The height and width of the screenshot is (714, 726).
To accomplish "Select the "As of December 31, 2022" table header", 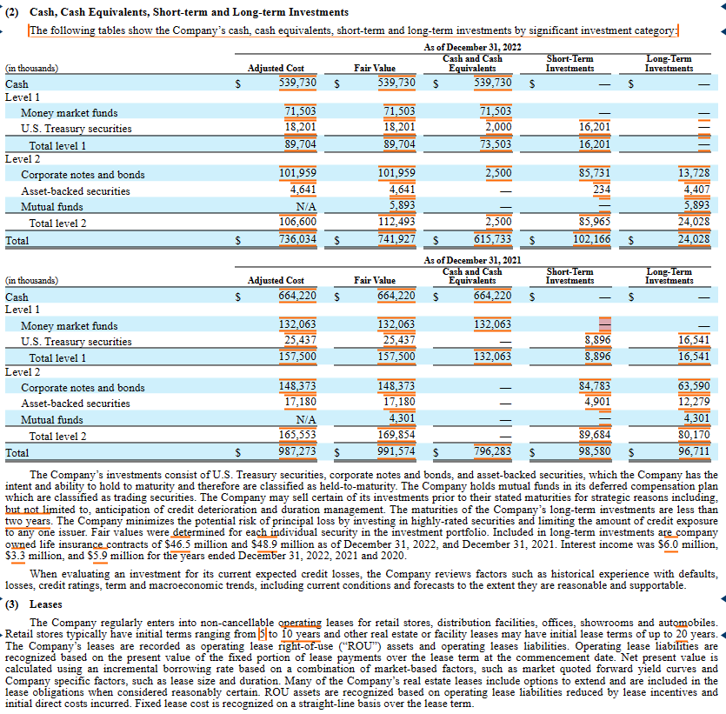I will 472,47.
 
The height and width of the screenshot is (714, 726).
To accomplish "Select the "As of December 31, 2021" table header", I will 472,260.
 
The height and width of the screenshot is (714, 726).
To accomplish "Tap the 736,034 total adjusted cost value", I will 297,238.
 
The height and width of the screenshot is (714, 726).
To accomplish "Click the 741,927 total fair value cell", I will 396,238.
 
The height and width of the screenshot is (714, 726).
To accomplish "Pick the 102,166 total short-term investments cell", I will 590,238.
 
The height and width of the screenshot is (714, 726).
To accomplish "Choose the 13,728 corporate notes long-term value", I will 693,174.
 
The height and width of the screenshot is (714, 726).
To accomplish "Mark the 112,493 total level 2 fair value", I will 396,223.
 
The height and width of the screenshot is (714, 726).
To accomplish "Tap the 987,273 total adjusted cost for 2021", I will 297,452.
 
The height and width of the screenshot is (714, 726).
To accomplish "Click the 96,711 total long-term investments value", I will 693,452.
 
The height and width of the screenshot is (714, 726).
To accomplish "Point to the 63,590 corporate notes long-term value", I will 693,388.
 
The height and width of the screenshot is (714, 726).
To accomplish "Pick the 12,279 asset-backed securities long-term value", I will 693,403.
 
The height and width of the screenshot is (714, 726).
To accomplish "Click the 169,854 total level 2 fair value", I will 396,437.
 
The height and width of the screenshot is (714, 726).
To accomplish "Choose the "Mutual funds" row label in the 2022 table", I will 52,207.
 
